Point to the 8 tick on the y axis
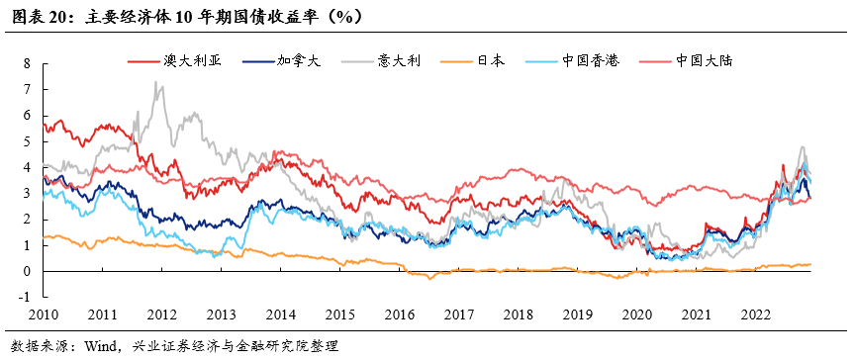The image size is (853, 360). click(28, 63)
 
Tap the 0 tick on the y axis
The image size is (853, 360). click(28, 271)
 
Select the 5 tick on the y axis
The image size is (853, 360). click(28, 141)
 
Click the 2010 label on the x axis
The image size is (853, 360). click(43, 315)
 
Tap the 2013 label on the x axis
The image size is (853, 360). click(221, 315)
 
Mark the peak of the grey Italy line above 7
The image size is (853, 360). click(156, 82)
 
